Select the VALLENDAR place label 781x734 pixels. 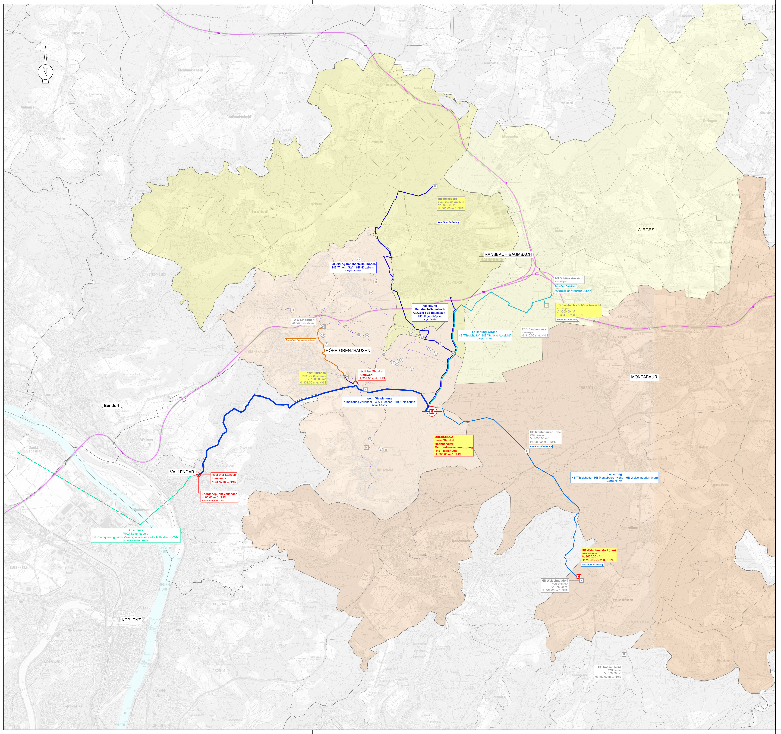tap(182, 472)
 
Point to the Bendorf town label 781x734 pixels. tap(112, 405)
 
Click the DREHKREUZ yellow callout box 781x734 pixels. tap(453, 445)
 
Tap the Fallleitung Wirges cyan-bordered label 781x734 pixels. tap(484, 335)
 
